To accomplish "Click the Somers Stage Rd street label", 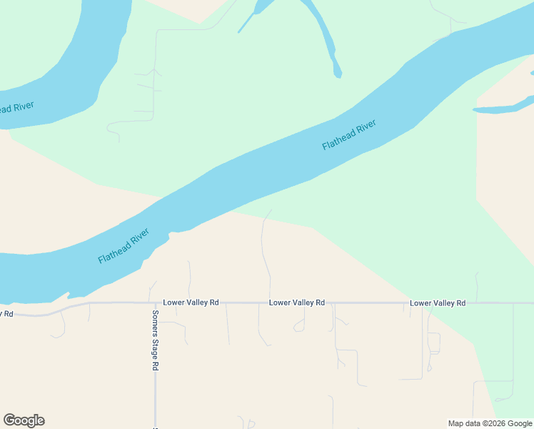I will [155, 340].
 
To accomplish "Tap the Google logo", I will [24, 420].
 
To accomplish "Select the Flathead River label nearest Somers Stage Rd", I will [124, 246].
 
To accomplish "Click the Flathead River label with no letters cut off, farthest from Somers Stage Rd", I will [349, 134].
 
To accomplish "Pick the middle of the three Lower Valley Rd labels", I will [297, 303].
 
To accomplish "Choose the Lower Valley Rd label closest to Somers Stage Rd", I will [191, 303].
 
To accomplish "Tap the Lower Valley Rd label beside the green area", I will [438, 304].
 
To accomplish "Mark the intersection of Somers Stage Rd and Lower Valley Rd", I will [155, 302].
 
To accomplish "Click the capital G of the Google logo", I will [9, 420].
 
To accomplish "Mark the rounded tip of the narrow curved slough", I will [337, 72].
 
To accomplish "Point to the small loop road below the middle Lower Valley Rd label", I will [300, 326].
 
